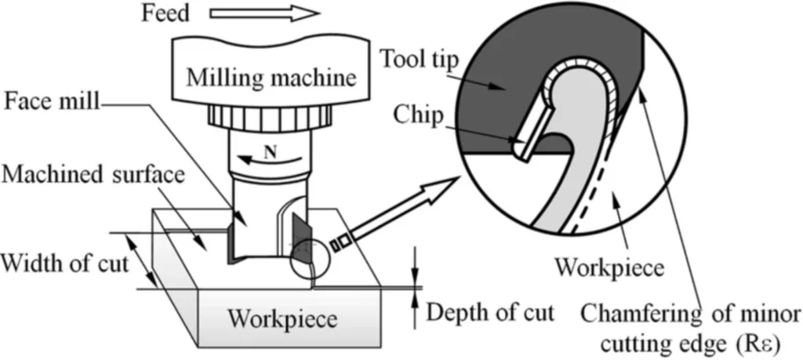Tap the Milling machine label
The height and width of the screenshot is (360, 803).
[x=270, y=78]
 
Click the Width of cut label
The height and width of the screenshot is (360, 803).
[x=63, y=261]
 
